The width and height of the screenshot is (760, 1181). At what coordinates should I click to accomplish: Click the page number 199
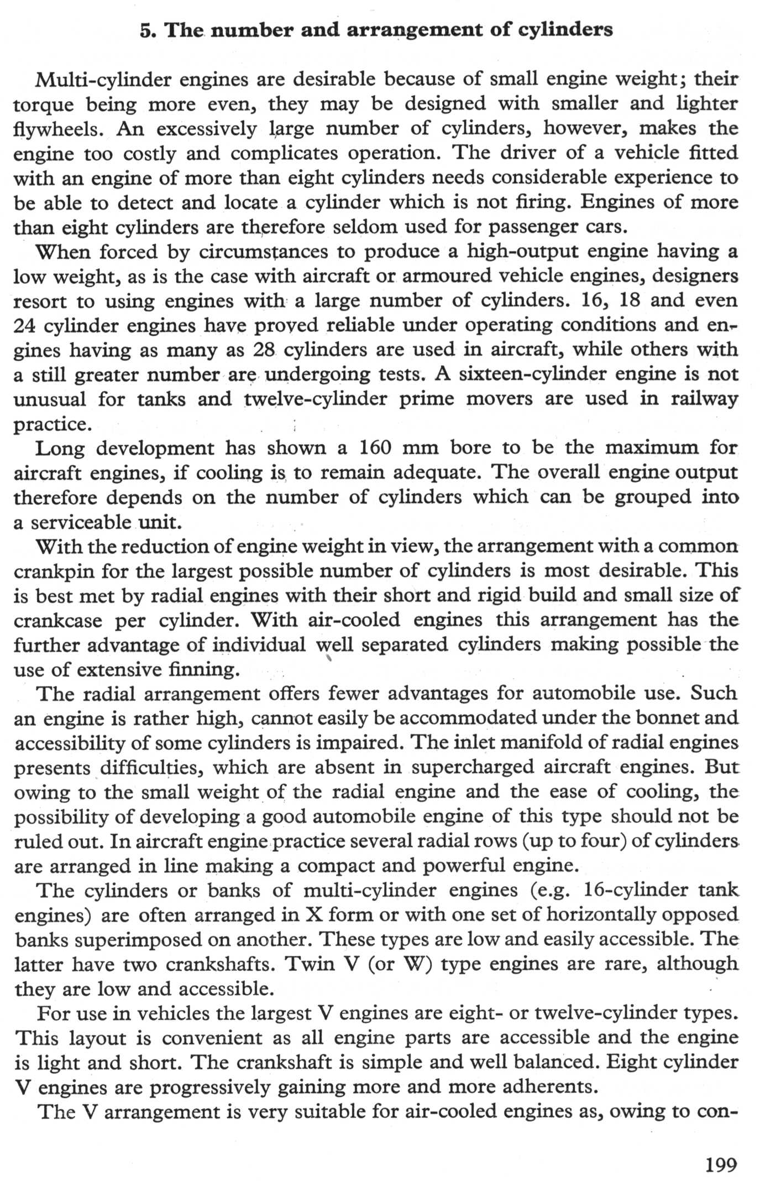(721, 1164)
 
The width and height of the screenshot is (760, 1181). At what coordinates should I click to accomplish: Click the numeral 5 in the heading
(145, 30)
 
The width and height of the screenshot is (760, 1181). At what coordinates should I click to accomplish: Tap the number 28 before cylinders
(264, 350)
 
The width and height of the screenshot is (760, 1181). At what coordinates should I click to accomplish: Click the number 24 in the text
(25, 326)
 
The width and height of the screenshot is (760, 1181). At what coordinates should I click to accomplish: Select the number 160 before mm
(376, 448)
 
